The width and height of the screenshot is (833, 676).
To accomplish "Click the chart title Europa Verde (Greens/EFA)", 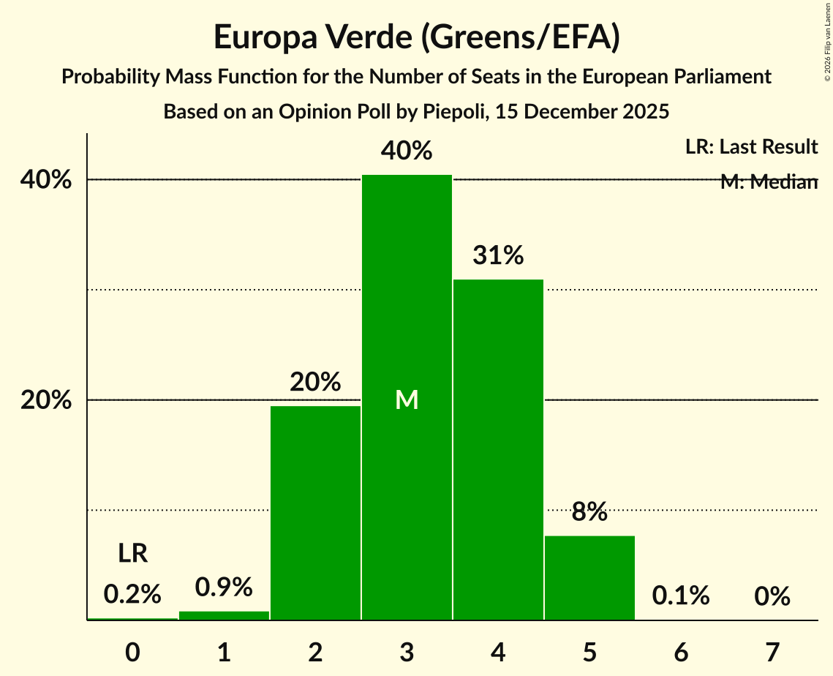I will (x=416, y=38).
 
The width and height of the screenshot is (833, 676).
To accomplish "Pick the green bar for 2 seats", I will (x=315, y=512).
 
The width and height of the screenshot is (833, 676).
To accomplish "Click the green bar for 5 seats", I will (x=589, y=577).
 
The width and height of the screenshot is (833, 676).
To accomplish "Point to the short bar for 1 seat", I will (x=224, y=615).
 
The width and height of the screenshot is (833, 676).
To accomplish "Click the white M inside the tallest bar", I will (x=407, y=399).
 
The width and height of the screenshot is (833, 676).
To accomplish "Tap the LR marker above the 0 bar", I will (x=133, y=554).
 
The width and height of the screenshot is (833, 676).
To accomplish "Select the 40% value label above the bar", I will (x=407, y=151).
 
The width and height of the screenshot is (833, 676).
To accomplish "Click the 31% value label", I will (x=498, y=256).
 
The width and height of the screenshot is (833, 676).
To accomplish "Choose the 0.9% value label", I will (x=224, y=587).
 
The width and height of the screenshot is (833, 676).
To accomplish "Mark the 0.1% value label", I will (x=681, y=596).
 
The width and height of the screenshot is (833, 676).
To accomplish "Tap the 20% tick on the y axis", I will (x=46, y=401).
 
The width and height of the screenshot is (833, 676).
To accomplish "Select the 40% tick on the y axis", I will (x=46, y=180).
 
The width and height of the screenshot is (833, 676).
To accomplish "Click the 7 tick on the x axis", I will (x=772, y=652).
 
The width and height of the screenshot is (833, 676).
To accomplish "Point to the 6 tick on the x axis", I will (x=681, y=652).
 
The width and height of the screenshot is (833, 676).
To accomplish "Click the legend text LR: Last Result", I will (x=751, y=147).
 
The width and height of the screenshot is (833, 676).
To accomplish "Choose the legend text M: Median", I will (x=769, y=182).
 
